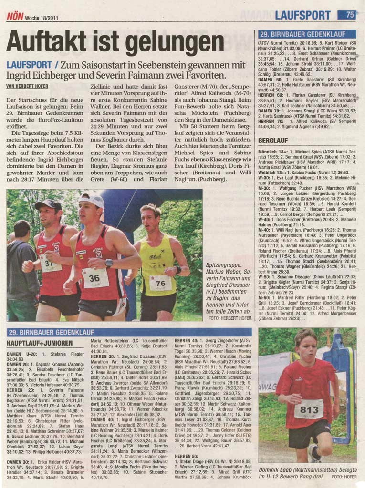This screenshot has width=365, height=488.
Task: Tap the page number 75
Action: coord(350,15)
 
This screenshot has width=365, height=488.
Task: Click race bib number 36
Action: coord(95,278)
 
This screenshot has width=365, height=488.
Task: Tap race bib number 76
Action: coord(160,283)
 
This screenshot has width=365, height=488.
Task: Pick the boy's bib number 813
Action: coord(309,409)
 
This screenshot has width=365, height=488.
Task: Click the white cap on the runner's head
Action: coord(92,199)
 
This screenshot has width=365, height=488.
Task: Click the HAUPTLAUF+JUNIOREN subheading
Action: coord(40,343)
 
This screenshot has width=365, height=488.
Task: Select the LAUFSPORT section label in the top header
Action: coord(302,15)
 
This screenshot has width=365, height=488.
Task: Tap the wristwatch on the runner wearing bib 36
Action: coord(109,263)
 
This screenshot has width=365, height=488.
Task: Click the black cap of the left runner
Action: coord(48,204)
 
